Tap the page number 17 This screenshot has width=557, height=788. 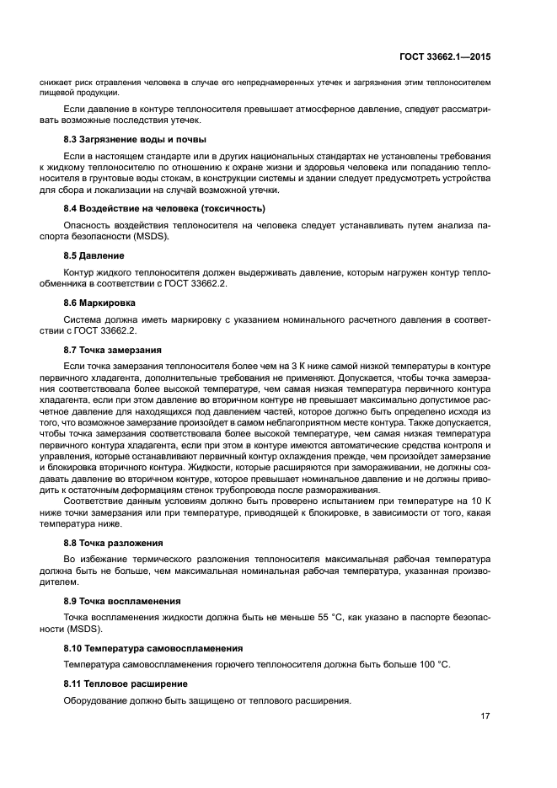485,716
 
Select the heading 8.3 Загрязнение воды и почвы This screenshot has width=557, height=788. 135,139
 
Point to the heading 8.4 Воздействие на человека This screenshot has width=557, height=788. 164,208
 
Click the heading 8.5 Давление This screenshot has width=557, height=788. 94,255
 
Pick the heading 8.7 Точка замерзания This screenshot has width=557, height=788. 113,349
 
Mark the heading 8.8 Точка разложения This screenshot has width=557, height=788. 114,543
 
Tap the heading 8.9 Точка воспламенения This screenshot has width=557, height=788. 122,601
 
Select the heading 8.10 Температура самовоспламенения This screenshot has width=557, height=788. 153,648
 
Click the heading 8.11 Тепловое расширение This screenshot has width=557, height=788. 126,683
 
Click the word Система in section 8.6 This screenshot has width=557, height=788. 82,319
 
